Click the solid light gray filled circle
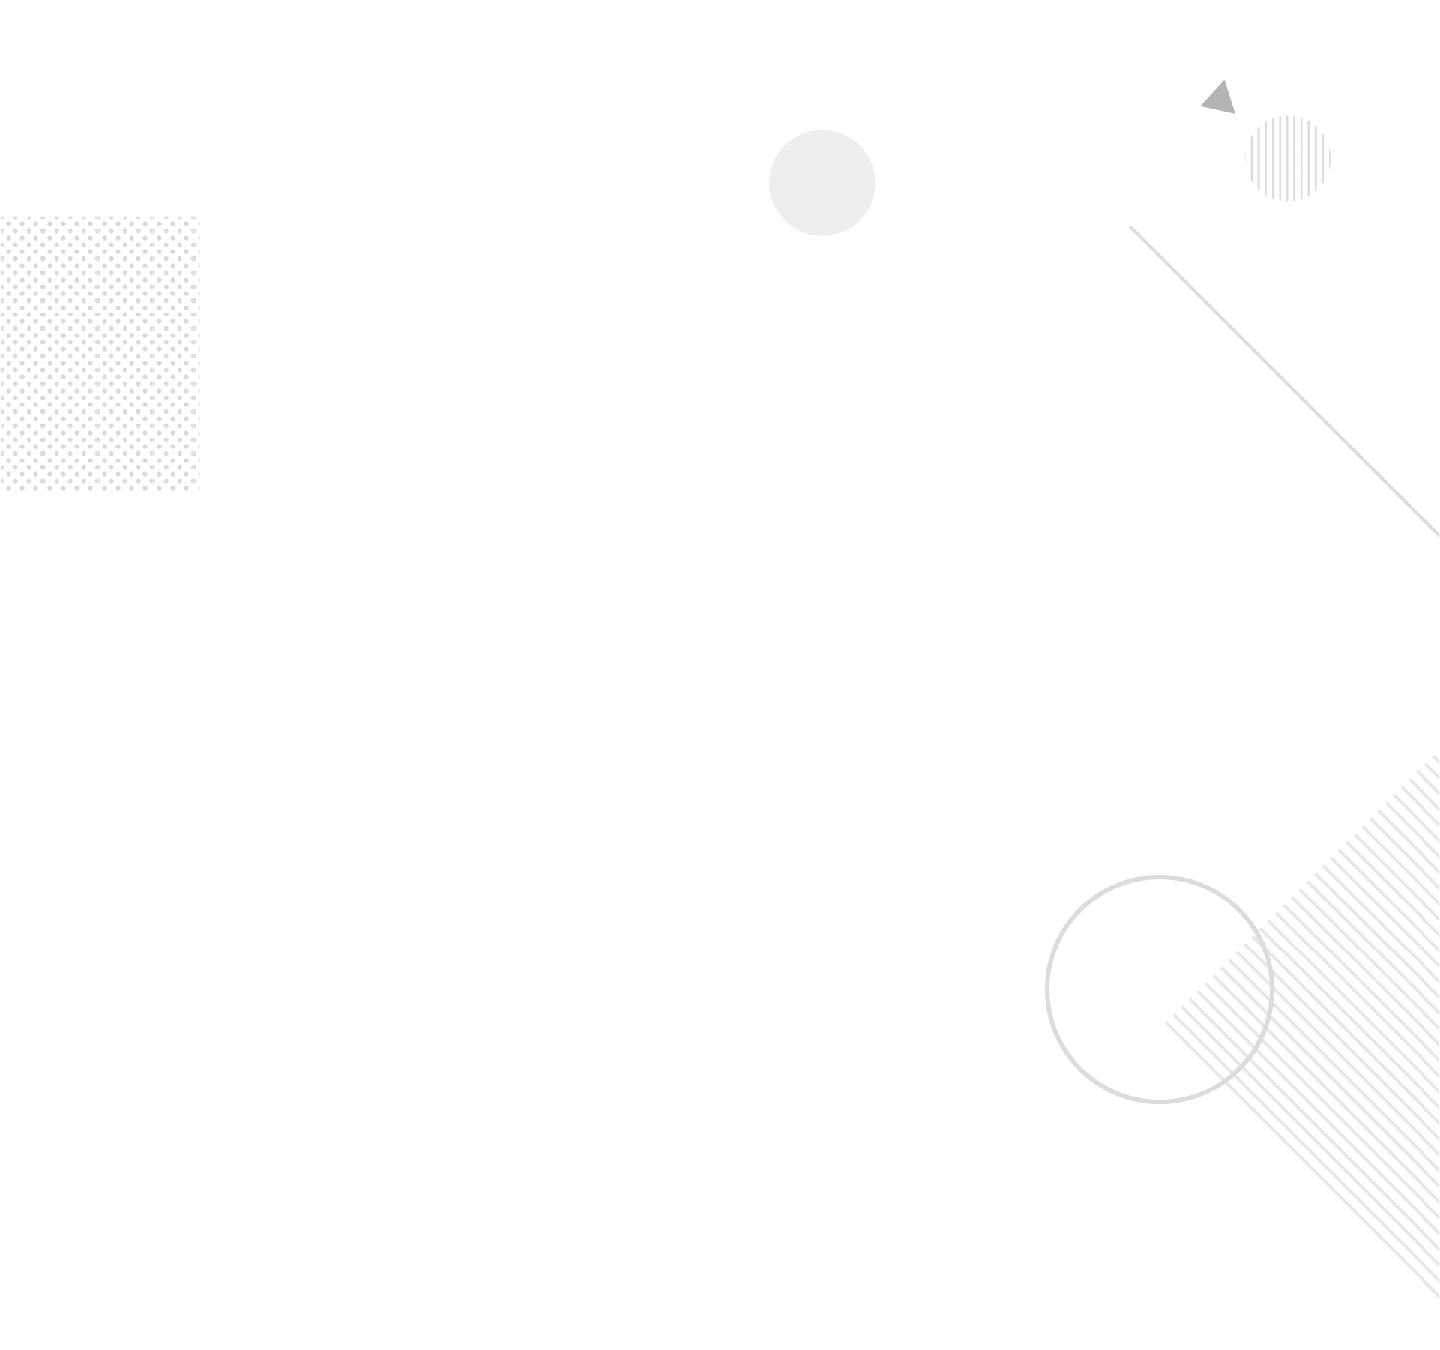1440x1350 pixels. [822, 183]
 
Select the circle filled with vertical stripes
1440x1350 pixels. [1288, 158]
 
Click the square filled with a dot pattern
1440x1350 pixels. [100, 354]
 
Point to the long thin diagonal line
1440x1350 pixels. [1285, 382]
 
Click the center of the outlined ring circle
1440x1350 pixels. [1159, 989]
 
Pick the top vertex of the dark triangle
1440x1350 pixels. [1224, 79]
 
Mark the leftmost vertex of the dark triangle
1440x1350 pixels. [1201, 107]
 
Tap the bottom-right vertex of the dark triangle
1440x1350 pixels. [1235, 114]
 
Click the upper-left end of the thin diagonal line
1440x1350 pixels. [1130, 226]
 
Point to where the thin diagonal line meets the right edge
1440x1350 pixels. [1439, 536]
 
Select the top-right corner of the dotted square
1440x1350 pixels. [199, 217]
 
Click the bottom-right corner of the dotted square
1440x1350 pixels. [199, 492]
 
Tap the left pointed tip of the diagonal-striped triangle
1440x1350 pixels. [1166, 1024]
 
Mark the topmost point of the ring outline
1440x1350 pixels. [1159, 877]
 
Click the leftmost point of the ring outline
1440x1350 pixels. [1047, 989]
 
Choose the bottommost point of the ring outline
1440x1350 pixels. [1159, 1101]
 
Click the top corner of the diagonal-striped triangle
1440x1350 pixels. [1439, 752]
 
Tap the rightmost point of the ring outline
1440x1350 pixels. [1271, 989]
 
